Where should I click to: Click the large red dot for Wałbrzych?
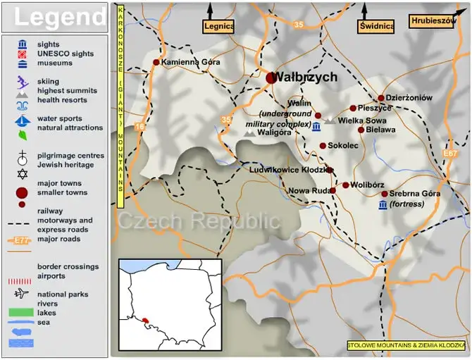tap(272, 78)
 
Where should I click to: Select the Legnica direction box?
tap(218, 27)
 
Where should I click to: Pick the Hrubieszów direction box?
tap(433, 21)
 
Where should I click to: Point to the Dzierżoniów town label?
tap(409, 98)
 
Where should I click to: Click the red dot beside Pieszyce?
tap(353, 108)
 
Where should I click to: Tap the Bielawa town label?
tap(381, 130)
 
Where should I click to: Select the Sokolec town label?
tap(343, 146)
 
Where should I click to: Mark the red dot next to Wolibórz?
tap(345, 185)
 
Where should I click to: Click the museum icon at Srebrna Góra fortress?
tap(382, 204)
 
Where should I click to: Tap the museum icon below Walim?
tap(316, 127)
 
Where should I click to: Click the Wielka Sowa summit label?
tap(361, 120)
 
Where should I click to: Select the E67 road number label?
tap(450, 153)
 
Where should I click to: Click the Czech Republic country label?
tap(199, 221)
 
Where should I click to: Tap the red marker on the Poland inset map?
tap(146, 321)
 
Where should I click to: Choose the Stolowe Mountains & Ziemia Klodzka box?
tap(406, 345)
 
